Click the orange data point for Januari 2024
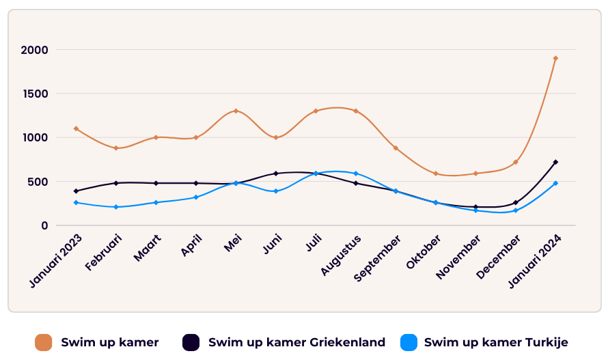click(555, 58)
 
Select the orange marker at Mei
click(236, 111)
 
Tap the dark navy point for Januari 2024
click(555, 162)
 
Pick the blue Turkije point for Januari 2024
click(555, 183)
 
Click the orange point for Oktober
click(436, 174)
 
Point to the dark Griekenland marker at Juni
click(276, 174)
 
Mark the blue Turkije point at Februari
click(116, 207)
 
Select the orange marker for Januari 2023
click(76, 128)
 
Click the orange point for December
click(516, 162)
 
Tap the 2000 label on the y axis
click(34, 50)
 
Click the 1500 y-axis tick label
click(34, 94)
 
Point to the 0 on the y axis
click(44, 225)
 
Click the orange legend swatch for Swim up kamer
click(44, 342)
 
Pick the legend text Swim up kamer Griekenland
click(296, 342)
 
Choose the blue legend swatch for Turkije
click(409, 342)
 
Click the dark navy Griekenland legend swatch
click(191, 342)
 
